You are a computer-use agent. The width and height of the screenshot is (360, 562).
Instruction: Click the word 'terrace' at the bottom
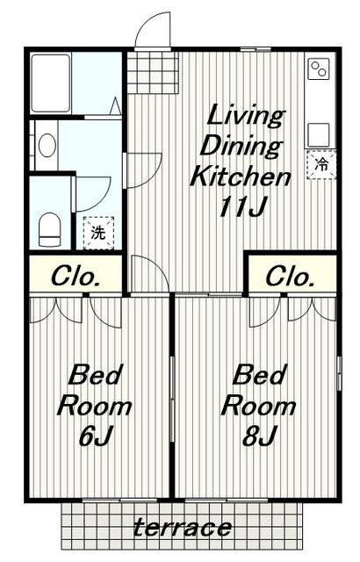click(183, 528)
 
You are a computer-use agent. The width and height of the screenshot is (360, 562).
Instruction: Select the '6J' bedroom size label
click(96, 436)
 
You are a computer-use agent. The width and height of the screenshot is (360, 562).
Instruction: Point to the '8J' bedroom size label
click(259, 436)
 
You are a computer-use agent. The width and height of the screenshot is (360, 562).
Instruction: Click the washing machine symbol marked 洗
click(98, 233)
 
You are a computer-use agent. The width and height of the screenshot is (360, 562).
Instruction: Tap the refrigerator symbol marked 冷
click(321, 164)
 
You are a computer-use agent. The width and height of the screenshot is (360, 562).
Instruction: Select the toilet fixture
click(49, 230)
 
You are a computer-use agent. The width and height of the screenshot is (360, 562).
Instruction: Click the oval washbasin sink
click(47, 145)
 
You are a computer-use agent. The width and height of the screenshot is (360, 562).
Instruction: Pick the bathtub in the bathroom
click(51, 83)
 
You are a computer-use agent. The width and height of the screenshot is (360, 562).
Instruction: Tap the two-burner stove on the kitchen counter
click(319, 68)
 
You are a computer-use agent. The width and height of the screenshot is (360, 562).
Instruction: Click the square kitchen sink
click(319, 134)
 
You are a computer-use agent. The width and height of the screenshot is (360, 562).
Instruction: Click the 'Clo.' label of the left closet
click(76, 277)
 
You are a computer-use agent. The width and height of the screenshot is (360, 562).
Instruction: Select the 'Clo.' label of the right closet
click(290, 277)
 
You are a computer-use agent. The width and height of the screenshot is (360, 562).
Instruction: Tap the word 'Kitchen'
click(240, 177)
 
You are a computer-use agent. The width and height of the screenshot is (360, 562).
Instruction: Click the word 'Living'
click(246, 115)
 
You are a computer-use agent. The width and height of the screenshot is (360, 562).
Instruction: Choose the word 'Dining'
click(241, 147)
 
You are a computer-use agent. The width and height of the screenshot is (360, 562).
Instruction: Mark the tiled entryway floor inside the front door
click(153, 73)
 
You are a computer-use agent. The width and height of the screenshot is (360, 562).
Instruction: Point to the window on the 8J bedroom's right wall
click(339, 373)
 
